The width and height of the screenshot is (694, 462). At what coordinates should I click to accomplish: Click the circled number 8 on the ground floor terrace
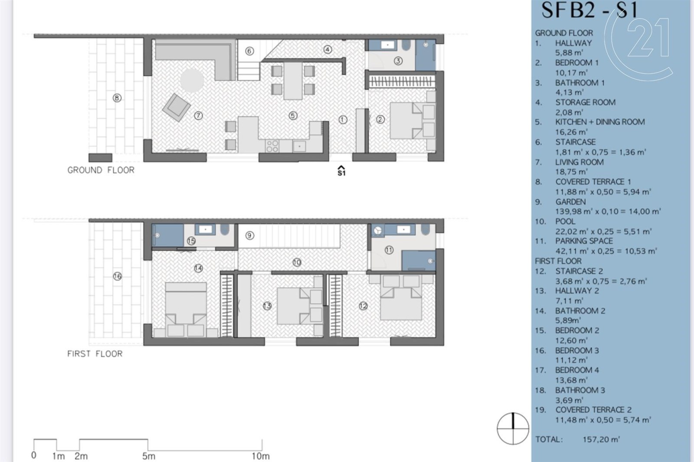pos(117,98)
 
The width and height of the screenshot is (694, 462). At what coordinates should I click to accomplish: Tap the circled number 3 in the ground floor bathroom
pos(398,61)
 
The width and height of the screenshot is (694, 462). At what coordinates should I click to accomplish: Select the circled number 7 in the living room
pos(198,116)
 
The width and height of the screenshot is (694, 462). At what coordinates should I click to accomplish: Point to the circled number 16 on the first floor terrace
pos(117,276)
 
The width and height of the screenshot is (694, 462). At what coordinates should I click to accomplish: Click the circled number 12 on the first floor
pos(363,306)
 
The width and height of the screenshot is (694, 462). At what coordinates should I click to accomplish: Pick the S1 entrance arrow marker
pos(341,171)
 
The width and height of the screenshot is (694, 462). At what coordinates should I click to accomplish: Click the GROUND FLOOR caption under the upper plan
pos(101,170)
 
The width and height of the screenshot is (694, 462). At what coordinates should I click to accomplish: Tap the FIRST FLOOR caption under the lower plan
pos(95,353)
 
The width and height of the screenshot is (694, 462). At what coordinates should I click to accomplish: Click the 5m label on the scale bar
pos(149,456)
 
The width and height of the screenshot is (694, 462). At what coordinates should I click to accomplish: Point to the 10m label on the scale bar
pos(261,456)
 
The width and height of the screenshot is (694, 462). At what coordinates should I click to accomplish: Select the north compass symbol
pos(513,428)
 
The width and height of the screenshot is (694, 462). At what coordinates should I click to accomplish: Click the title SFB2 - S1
pos(589,10)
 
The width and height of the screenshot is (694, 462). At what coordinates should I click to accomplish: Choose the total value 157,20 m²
pos(601,439)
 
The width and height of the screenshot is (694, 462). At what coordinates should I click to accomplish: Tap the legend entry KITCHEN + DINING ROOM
pos(600,122)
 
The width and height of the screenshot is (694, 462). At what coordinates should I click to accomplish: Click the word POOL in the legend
pos(566,221)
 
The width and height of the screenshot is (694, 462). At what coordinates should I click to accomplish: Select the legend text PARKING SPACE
pos(584,241)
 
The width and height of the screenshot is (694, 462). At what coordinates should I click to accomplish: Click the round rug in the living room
pos(192,80)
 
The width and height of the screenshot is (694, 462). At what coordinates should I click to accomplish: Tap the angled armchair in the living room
pos(176,107)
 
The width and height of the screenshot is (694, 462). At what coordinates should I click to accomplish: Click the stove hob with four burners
pos(272,146)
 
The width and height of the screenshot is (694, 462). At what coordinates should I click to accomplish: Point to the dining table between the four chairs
pos(293,81)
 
